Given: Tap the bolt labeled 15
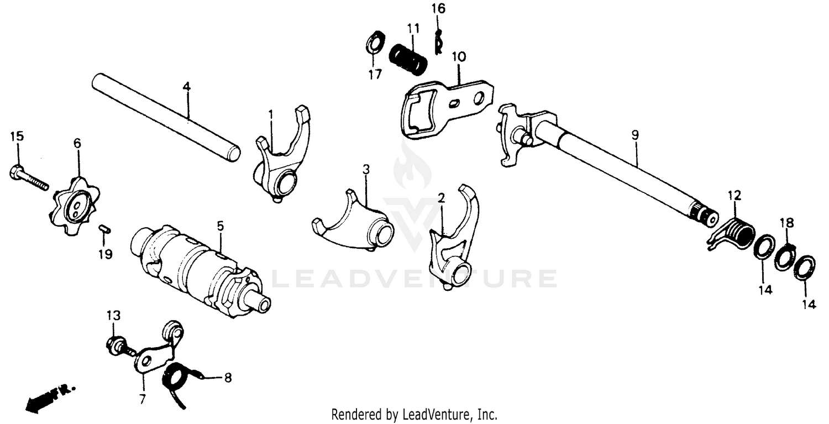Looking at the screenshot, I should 28,179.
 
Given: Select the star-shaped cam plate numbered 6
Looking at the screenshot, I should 77,205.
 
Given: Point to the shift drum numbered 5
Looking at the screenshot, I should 199,270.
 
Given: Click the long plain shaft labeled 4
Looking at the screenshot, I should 166,118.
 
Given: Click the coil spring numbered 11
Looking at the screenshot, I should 408,58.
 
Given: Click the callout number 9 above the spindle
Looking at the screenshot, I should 635,134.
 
